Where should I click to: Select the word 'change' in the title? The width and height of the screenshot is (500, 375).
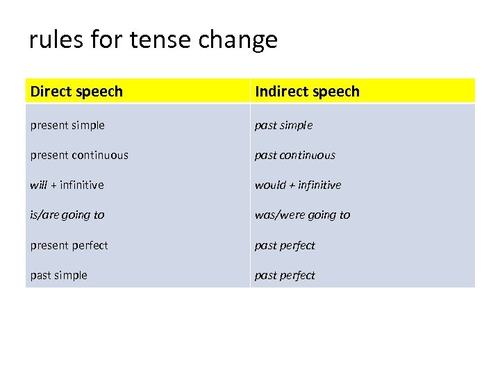click(237, 40)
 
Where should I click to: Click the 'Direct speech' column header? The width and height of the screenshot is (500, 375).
click(77, 91)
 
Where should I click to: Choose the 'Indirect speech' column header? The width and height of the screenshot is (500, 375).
click(307, 91)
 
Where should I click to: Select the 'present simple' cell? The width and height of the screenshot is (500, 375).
click(67, 125)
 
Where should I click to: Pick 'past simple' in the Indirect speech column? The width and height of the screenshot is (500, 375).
click(283, 125)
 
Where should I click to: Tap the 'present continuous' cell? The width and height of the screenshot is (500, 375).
click(79, 155)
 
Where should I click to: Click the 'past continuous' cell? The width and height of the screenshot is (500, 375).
click(295, 155)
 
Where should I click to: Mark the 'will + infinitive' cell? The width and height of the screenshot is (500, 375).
click(67, 185)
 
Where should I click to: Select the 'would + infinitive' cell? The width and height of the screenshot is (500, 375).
click(298, 185)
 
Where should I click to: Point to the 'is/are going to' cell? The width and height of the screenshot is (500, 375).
click(67, 215)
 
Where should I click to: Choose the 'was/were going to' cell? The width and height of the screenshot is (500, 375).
click(303, 215)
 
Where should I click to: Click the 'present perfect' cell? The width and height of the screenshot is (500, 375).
click(69, 245)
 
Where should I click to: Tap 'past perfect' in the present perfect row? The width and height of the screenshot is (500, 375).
click(285, 245)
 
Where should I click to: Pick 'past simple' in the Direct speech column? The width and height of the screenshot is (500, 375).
click(58, 275)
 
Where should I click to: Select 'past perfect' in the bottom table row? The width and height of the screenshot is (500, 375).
click(285, 275)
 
